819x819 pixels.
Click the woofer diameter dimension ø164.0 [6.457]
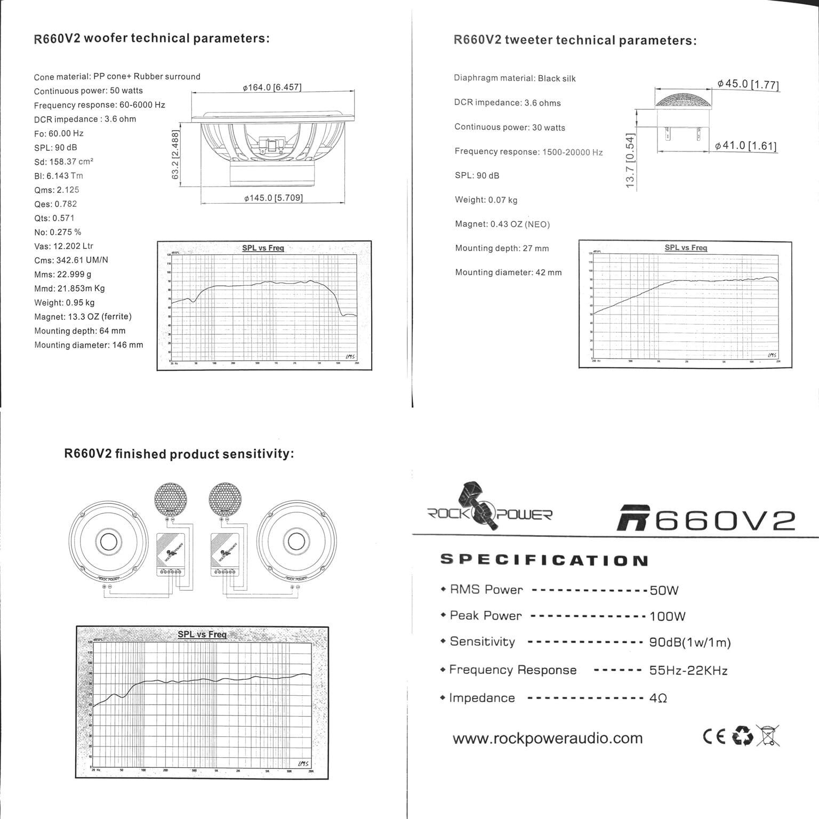pyautogui.click(x=272, y=87)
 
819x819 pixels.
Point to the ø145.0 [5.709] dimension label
pyautogui.click(x=274, y=198)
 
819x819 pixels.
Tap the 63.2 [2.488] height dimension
pyautogui.click(x=175, y=155)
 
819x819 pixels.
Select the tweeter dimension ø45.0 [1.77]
pyautogui.click(x=748, y=84)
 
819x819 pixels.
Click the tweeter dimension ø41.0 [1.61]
pyautogui.click(x=745, y=146)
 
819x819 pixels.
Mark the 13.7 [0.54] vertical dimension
pyautogui.click(x=630, y=160)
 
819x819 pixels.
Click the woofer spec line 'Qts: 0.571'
pyautogui.click(x=54, y=218)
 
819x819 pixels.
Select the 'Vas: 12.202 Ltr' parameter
pyautogui.click(x=63, y=246)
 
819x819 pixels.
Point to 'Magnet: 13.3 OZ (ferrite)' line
pyautogui.click(x=83, y=317)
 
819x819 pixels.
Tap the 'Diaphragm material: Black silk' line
pyautogui.click(x=515, y=78)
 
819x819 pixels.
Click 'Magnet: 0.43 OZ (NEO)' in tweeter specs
pyautogui.click(x=502, y=224)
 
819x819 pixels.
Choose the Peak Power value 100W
pyautogui.click(x=667, y=616)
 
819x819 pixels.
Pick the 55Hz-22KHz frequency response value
pyautogui.click(x=688, y=670)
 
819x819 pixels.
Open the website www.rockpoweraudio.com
pyautogui.click(x=547, y=738)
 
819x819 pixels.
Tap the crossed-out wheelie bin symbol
pyautogui.click(x=768, y=736)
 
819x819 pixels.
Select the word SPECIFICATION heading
pyautogui.click(x=544, y=560)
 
